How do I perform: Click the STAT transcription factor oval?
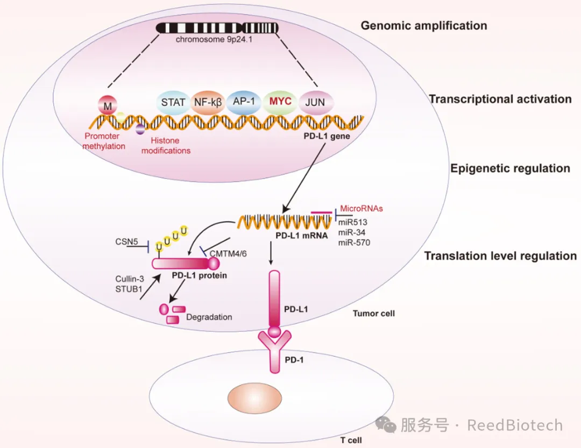pos(173,102)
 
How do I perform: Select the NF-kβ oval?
pos(208,102)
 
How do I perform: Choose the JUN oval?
pos(316,102)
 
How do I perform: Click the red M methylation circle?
pos(108,106)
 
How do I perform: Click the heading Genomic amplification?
pos(424,25)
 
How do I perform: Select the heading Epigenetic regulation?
pos(510,168)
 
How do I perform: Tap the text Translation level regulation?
pos(500,256)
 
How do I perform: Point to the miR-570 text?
pos(354,242)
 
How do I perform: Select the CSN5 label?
pos(127,243)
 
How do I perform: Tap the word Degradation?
pos(209,317)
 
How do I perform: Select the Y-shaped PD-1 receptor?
pos(274,350)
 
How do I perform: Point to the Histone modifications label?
pos(166,146)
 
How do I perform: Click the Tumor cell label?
pos(373,313)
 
